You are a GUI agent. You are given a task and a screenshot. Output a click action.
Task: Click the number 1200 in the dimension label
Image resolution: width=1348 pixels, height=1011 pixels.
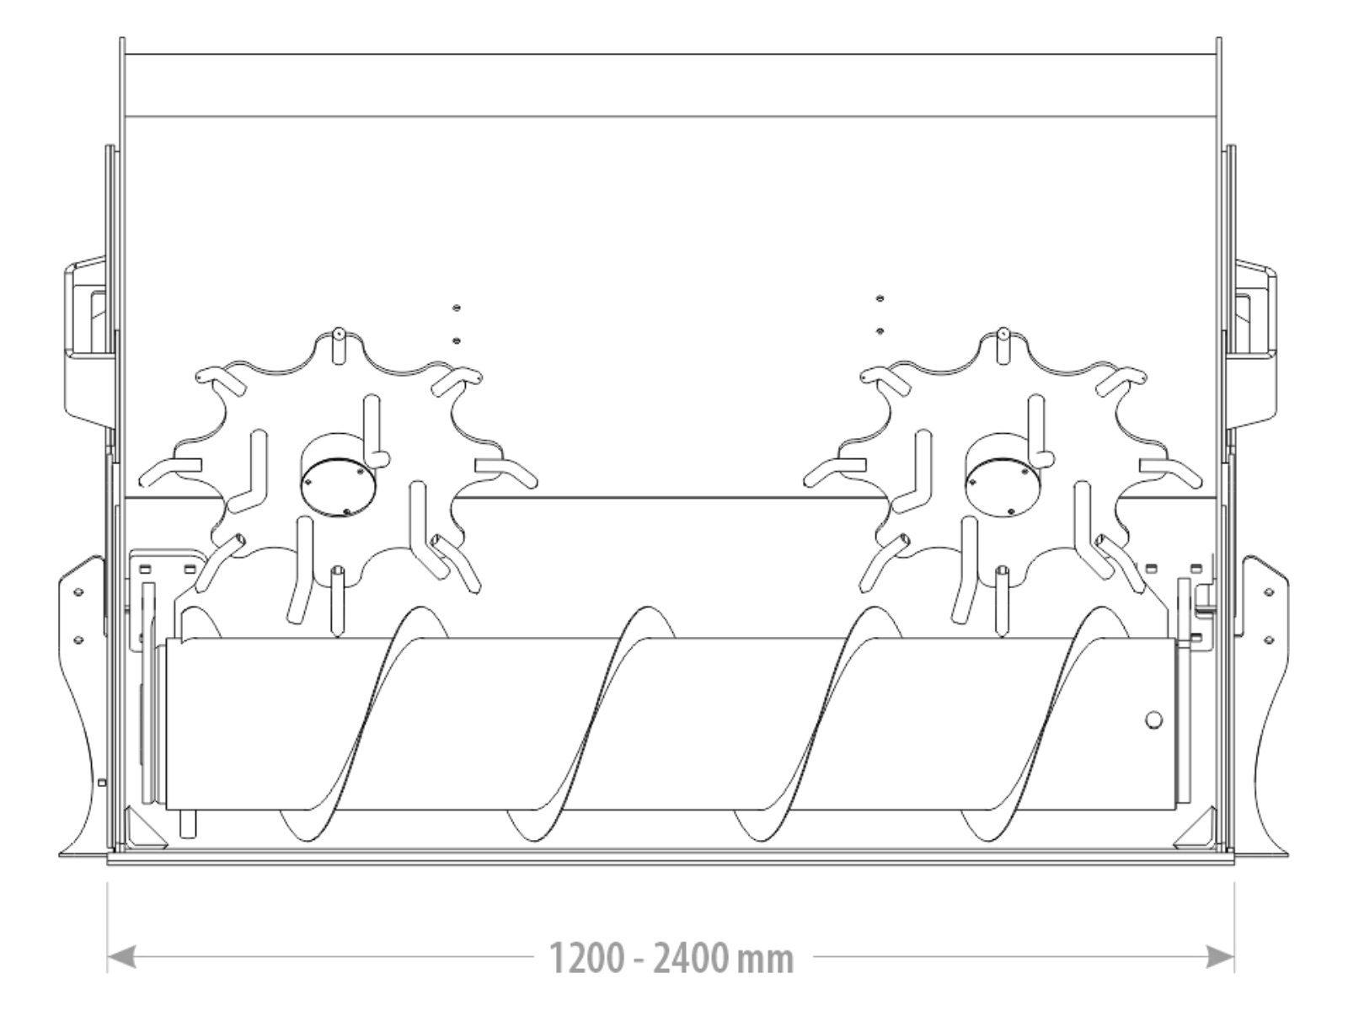coord(588,958)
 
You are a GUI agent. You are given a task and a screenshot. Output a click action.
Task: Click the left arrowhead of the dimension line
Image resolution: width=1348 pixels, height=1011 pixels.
coord(121,957)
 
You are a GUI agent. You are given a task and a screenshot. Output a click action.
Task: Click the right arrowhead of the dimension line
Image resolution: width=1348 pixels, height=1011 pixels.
coord(1220,957)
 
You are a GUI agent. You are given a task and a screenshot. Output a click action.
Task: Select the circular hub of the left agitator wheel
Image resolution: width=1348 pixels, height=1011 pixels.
coord(338,476)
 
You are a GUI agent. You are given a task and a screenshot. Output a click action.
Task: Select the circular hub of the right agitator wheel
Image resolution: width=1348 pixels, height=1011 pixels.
coord(1003,476)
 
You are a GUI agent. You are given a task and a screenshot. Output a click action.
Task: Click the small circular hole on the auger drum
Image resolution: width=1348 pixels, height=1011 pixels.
coord(1154,720)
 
